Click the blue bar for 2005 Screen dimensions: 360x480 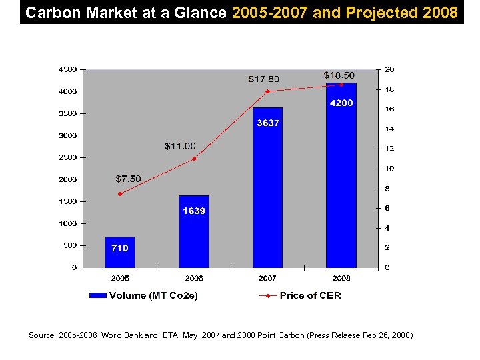(x=120, y=252)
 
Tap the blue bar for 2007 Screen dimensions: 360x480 (x=267, y=187)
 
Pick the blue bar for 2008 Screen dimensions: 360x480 (x=341, y=175)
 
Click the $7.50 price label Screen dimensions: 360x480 (x=128, y=179)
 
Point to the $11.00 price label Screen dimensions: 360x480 (x=180, y=146)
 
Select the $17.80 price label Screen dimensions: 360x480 (x=264, y=79)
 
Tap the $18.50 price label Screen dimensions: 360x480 (x=339, y=75)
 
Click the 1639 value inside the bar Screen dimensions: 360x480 (x=194, y=211)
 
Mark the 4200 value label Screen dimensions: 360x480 (x=341, y=103)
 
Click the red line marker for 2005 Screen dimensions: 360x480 (x=120, y=194)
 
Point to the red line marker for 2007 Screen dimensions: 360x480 (x=267, y=91)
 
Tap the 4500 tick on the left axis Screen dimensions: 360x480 (x=67, y=69)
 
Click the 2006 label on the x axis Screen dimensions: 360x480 (x=194, y=277)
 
